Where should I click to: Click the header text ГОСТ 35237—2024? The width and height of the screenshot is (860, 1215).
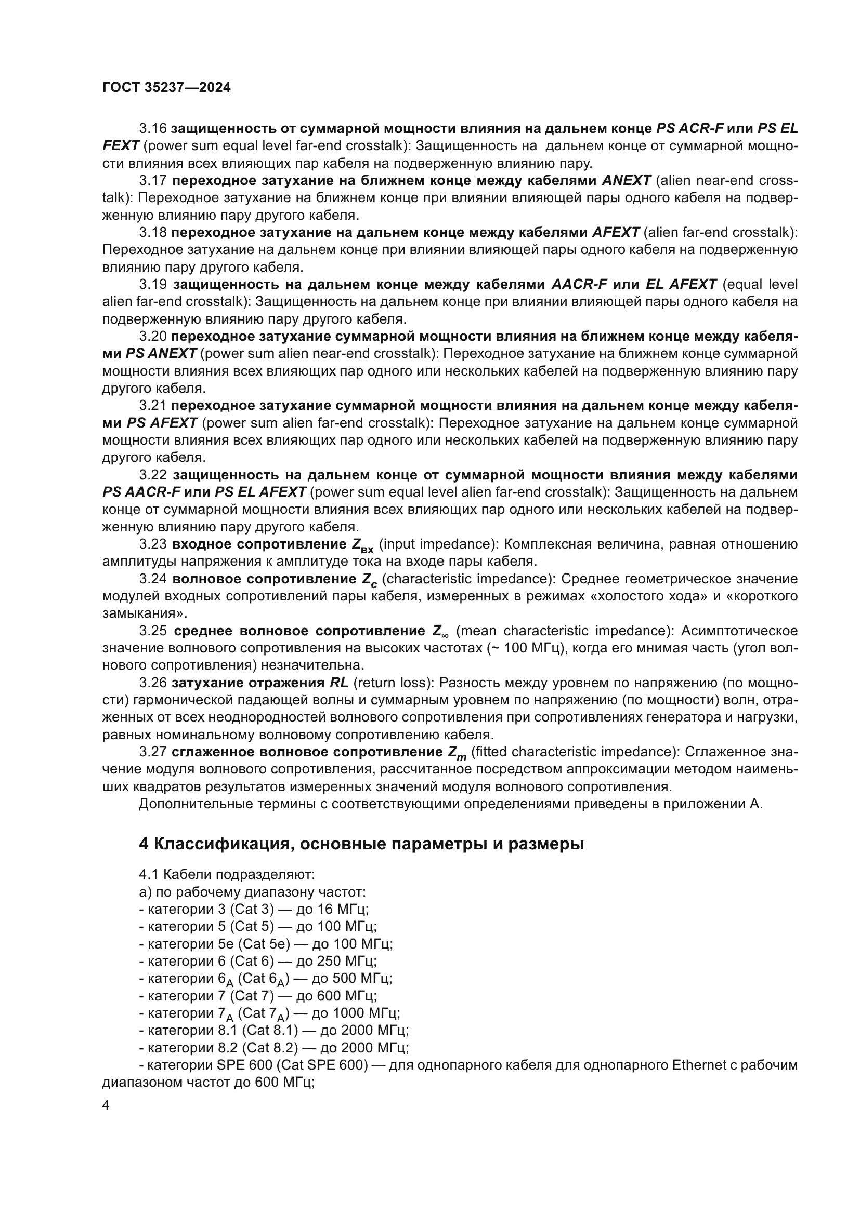point(166,88)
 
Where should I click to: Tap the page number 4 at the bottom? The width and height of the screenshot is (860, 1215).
point(106,1105)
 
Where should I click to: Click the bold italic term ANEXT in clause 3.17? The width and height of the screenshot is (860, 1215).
point(627,180)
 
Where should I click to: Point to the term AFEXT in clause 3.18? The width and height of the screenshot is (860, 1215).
point(615,232)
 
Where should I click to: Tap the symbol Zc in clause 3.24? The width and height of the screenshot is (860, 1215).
point(369,581)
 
